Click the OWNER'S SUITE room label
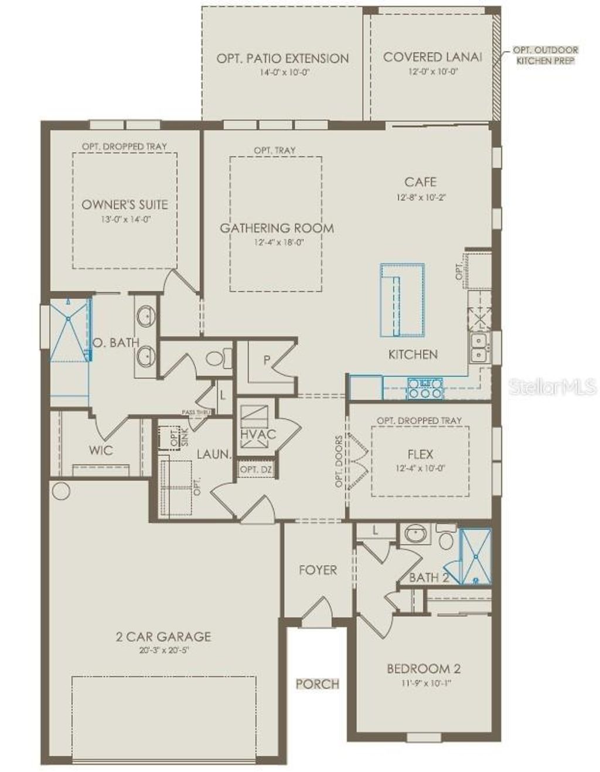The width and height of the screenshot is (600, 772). pos(124,204)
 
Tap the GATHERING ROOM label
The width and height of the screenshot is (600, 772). pos(277,228)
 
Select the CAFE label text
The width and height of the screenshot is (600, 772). pos(420,182)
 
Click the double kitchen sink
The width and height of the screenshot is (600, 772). pos(479,348)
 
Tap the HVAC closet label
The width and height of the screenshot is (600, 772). pos(258,435)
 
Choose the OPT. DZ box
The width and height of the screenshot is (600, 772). pos(255,470)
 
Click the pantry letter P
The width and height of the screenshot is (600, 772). pos(267,360)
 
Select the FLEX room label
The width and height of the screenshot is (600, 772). pos(420,454)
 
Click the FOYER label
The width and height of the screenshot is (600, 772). pos(318,570)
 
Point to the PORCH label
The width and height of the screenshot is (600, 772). pos(317,683)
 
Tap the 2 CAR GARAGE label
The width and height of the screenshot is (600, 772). pos(163,636)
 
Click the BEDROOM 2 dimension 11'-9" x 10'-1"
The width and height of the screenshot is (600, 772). pos(419,682)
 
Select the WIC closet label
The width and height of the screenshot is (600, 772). pos(101,450)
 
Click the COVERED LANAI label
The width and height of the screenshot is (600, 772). pos(432,57)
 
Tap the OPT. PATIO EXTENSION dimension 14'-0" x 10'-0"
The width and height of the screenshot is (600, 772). pos(283,72)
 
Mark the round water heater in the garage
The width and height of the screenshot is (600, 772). pos(60,490)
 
